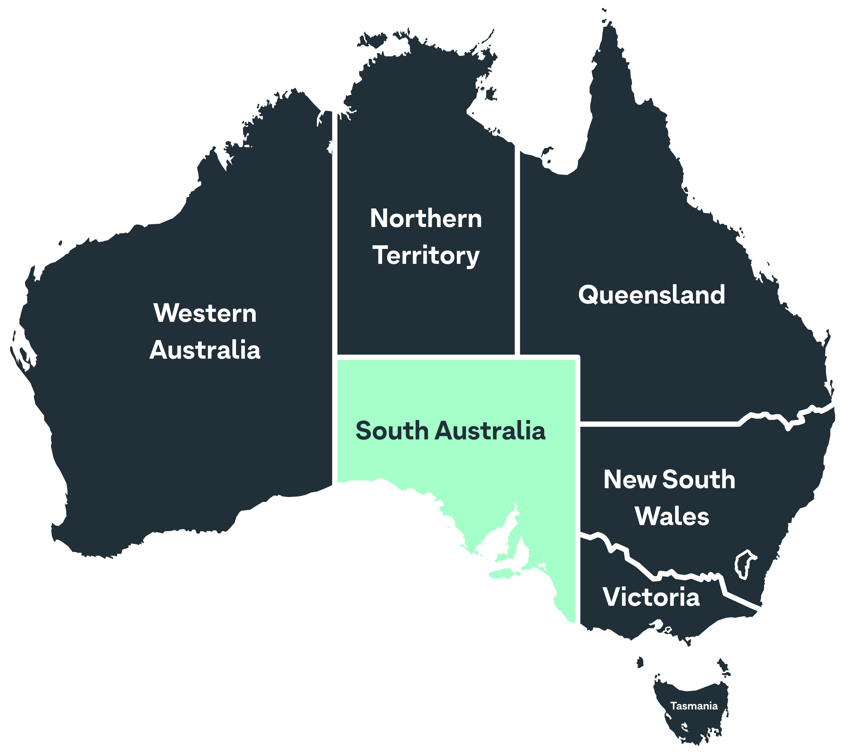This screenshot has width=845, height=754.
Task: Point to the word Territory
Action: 426,256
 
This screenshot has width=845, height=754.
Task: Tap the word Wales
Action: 672,517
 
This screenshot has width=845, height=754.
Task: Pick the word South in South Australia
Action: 392,431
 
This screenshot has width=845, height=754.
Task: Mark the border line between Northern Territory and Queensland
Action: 517,249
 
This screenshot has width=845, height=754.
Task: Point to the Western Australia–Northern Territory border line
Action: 334,232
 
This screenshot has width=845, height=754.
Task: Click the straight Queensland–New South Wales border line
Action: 658,423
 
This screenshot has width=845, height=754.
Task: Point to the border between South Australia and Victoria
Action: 578,580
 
